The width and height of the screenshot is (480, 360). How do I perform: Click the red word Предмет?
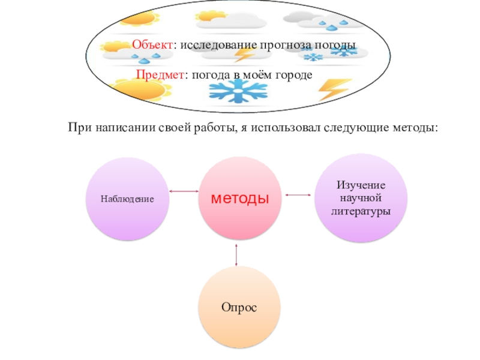(x=159, y=74)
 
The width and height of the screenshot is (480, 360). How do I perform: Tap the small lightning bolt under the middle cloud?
(x=244, y=55)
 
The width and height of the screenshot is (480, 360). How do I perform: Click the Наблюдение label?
(x=127, y=199)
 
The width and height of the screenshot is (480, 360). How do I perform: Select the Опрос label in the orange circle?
(x=239, y=307)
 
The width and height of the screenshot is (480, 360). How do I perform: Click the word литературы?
(x=361, y=211)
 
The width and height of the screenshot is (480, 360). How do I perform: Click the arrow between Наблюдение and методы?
(x=184, y=192)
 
